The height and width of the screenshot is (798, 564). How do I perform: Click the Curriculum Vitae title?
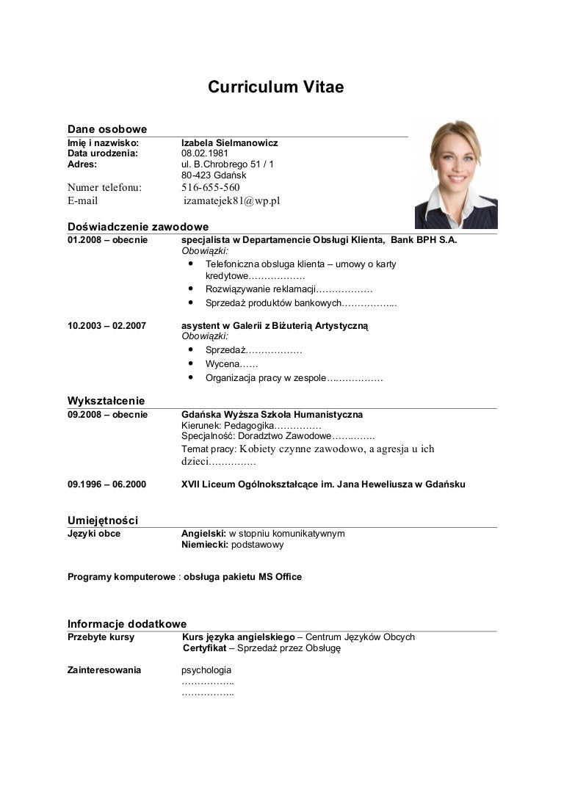pyautogui.click(x=275, y=88)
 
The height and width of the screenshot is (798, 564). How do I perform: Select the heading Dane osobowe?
pyautogui.click(x=107, y=129)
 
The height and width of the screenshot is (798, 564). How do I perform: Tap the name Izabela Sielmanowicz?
pyautogui.click(x=229, y=142)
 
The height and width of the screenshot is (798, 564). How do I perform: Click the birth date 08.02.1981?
pyautogui.click(x=205, y=153)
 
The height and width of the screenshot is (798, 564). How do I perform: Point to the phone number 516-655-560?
pyautogui.click(x=211, y=187)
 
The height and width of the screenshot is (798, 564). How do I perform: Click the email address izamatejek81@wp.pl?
pyautogui.click(x=232, y=200)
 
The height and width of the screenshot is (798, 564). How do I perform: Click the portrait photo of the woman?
pyautogui.click(x=455, y=175)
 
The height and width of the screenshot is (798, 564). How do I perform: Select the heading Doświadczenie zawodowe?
pyautogui.click(x=138, y=227)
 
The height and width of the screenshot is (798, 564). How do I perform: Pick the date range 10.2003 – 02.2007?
pyautogui.click(x=106, y=325)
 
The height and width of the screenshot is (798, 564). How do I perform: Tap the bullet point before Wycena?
pyautogui.click(x=190, y=363)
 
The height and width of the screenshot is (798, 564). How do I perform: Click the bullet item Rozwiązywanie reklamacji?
pyautogui.click(x=260, y=289)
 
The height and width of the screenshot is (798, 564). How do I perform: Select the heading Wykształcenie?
pyautogui.click(x=106, y=401)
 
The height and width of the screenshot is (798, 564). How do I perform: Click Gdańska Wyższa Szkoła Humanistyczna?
pyautogui.click(x=272, y=415)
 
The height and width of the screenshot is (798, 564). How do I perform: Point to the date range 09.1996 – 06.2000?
pyautogui.click(x=106, y=485)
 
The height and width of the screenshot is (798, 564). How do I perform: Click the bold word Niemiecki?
pyautogui.click(x=204, y=545)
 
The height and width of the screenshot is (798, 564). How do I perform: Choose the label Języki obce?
pyautogui.click(x=94, y=534)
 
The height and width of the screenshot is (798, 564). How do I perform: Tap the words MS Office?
pyautogui.click(x=280, y=577)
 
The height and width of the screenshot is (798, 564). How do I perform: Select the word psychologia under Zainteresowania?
pyautogui.click(x=206, y=670)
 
